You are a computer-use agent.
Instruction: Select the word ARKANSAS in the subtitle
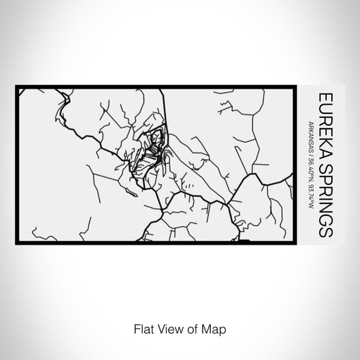(x=310, y=139)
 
